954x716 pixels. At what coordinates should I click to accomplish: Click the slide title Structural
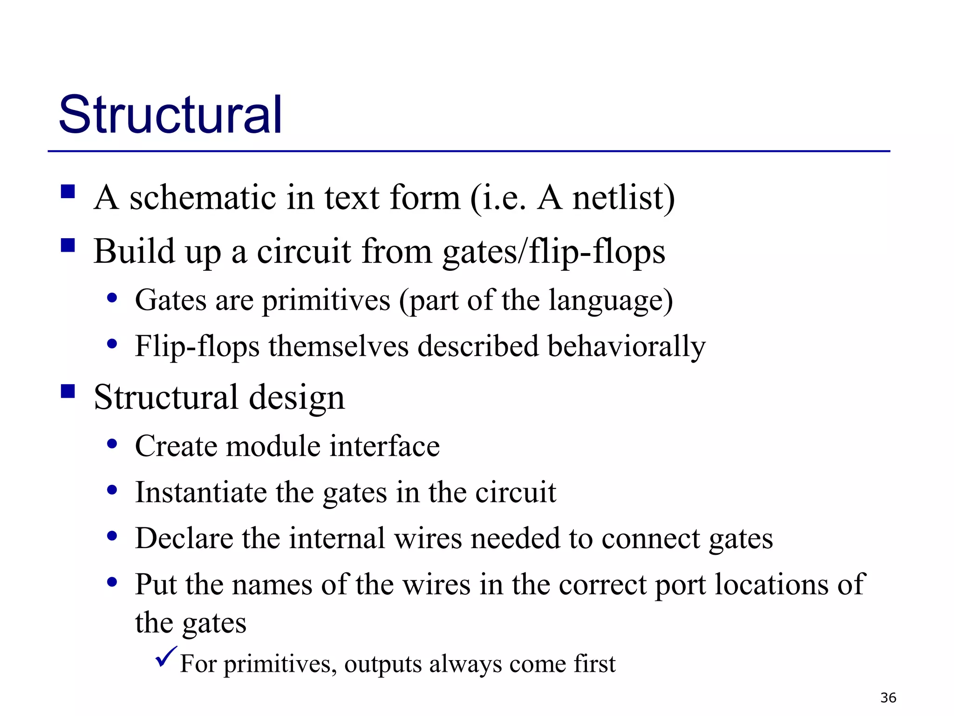pos(170,115)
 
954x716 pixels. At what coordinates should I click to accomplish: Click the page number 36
pos(888,698)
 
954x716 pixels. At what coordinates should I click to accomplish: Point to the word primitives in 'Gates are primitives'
pos(326,300)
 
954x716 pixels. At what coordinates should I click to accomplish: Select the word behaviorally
pos(626,347)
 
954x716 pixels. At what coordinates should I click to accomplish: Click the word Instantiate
pos(200,493)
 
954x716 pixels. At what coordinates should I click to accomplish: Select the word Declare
pos(184,538)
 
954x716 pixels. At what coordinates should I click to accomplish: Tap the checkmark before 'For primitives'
pos(165,658)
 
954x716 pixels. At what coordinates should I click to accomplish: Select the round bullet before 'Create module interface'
pos(112,444)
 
